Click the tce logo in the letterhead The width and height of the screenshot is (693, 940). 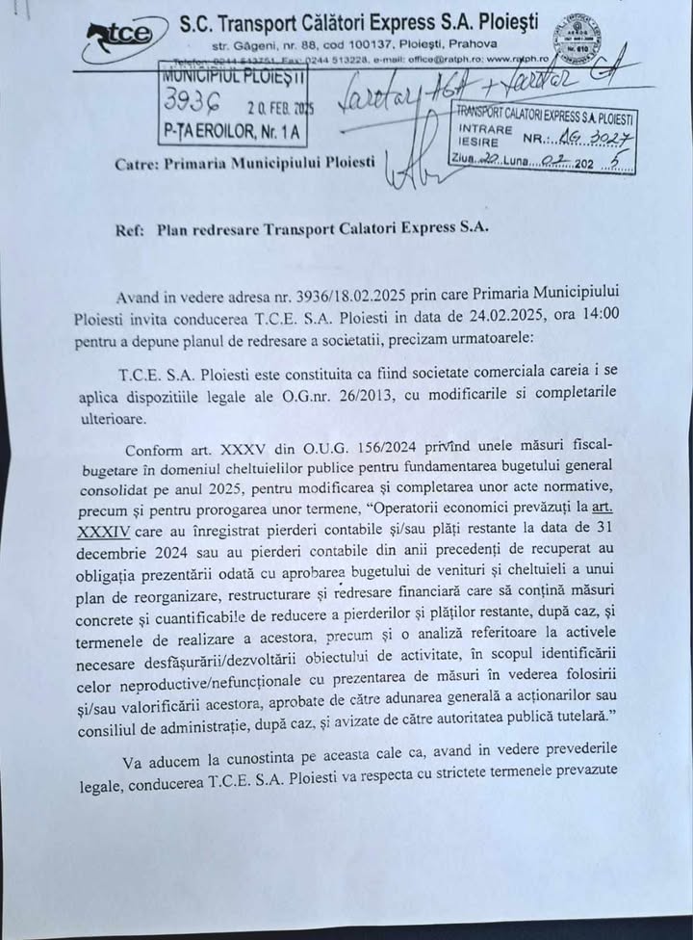[120, 34]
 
